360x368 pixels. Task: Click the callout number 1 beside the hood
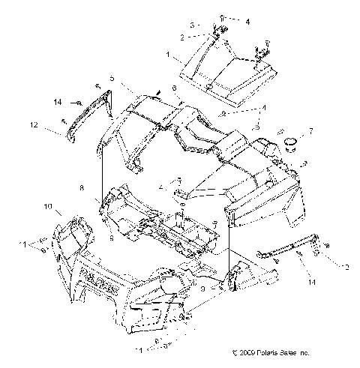click(x=169, y=55)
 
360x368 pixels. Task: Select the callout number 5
click(x=112, y=78)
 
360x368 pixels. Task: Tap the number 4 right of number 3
click(x=227, y=22)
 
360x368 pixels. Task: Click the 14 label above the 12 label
click(x=56, y=101)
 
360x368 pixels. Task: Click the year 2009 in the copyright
click(x=250, y=352)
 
